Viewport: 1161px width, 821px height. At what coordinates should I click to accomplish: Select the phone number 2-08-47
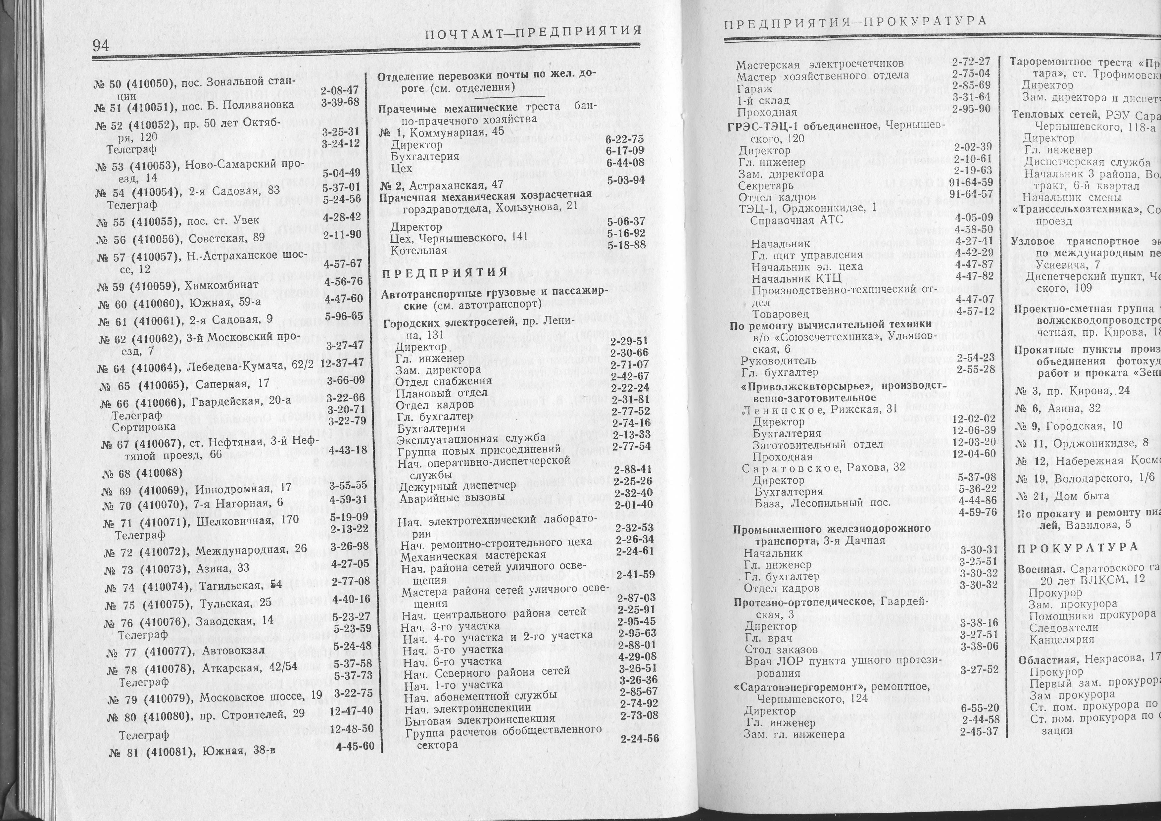tap(339, 90)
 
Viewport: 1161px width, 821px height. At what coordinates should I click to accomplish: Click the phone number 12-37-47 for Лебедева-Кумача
tap(342, 362)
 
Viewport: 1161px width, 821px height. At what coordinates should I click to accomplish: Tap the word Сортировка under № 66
tap(144, 426)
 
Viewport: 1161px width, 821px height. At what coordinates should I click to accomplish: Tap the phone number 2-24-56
tap(640, 739)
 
